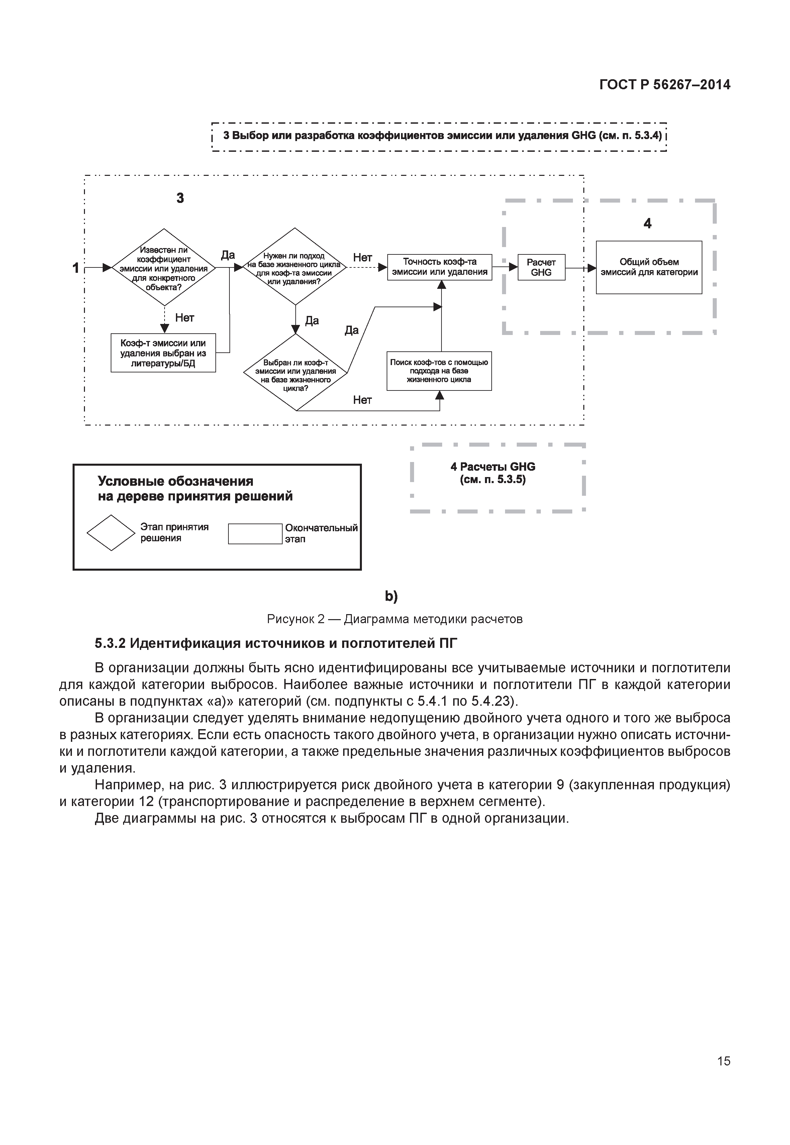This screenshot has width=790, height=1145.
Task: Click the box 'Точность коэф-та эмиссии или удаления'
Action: click(x=439, y=267)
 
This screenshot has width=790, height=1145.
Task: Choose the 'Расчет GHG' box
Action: click(x=541, y=267)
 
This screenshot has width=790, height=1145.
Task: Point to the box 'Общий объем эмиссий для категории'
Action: click(x=649, y=267)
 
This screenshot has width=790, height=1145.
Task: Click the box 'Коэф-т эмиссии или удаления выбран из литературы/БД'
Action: click(x=163, y=353)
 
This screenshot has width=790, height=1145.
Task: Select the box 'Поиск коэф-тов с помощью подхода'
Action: click(x=439, y=371)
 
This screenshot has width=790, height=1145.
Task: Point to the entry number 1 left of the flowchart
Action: click(x=76, y=268)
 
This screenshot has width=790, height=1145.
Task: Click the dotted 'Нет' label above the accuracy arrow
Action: click(x=362, y=257)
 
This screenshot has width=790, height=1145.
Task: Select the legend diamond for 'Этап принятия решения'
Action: click(x=111, y=533)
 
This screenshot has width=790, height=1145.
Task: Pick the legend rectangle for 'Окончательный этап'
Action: click(x=255, y=534)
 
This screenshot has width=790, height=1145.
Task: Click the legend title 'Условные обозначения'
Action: click(x=175, y=481)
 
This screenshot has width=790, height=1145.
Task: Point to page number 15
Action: click(x=723, y=1075)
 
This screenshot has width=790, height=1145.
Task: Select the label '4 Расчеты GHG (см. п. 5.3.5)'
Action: click(x=493, y=473)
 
